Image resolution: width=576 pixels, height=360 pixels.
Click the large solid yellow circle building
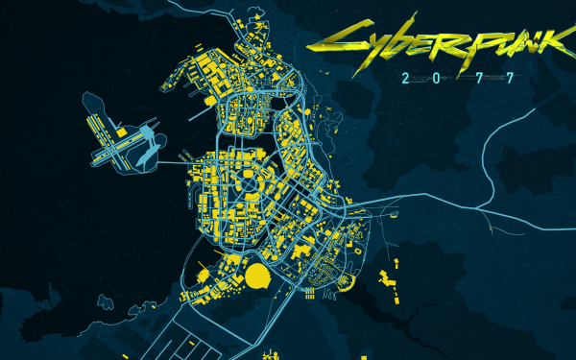coord(257,277)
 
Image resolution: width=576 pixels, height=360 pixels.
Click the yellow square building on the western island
coord(122,131)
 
